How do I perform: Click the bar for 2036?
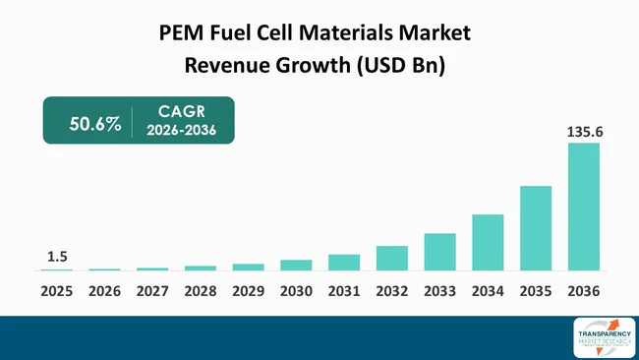[583, 207]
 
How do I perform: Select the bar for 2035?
[536, 228]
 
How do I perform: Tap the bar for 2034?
[488, 242]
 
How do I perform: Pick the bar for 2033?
[439, 252]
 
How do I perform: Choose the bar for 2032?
[391, 258]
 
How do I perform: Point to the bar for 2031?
[344, 263]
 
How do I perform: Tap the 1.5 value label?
[56, 257]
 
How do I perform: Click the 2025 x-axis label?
[56, 292]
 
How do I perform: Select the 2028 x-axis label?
[200, 292]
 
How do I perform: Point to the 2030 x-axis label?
[296, 292]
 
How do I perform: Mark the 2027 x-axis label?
[152, 292]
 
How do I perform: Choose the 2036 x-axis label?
[583, 292]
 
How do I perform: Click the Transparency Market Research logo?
[603, 337]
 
